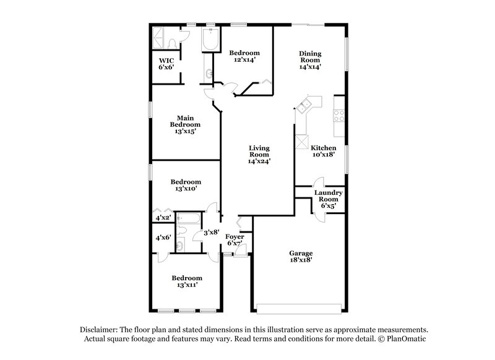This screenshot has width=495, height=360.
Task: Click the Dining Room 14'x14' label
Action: pos(310,60)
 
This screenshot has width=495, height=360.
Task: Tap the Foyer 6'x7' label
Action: pos(234,241)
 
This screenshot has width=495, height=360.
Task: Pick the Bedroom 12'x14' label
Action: pos(244,56)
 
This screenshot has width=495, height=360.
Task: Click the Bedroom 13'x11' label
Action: pos(187,282)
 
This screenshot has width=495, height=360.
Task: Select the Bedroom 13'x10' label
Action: pos(184,186)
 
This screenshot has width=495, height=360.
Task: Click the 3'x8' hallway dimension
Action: pos(212,233)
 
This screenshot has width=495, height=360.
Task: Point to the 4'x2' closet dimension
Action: pos(163,218)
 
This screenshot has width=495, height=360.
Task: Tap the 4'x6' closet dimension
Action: pos(163,238)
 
